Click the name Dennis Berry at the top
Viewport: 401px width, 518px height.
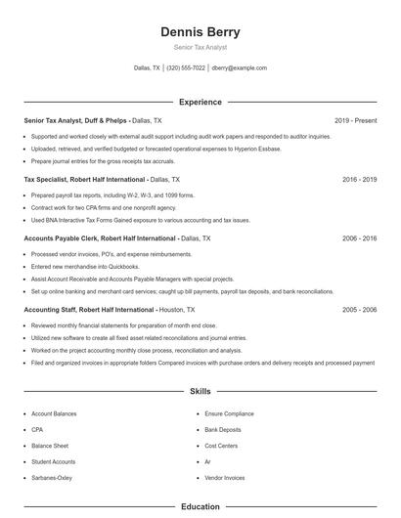click(x=200, y=32)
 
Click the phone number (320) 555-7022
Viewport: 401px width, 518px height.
click(x=186, y=68)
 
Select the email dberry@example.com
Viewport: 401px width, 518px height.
click(x=239, y=68)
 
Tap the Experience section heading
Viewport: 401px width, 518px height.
click(x=200, y=102)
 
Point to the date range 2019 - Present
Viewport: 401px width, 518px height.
click(x=355, y=120)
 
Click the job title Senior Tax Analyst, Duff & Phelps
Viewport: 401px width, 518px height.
click(x=74, y=120)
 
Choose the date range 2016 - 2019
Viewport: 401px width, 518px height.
click(x=359, y=180)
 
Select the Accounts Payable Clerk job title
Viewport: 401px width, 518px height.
click(x=60, y=238)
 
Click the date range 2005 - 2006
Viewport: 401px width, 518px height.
click(x=359, y=309)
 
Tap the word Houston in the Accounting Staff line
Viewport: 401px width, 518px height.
click(x=171, y=309)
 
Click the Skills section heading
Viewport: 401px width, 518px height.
click(x=200, y=391)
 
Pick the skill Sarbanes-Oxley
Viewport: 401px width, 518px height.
click(x=52, y=477)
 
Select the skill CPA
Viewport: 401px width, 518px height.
click(x=37, y=430)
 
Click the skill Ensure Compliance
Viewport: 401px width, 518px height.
click(x=229, y=414)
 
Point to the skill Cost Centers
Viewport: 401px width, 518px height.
click(x=221, y=446)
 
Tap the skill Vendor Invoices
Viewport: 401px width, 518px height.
click(x=225, y=477)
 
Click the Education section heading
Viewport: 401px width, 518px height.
click(x=200, y=507)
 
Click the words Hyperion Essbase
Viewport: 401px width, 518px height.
click(x=256, y=149)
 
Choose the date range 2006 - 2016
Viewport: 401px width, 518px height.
click(x=359, y=238)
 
